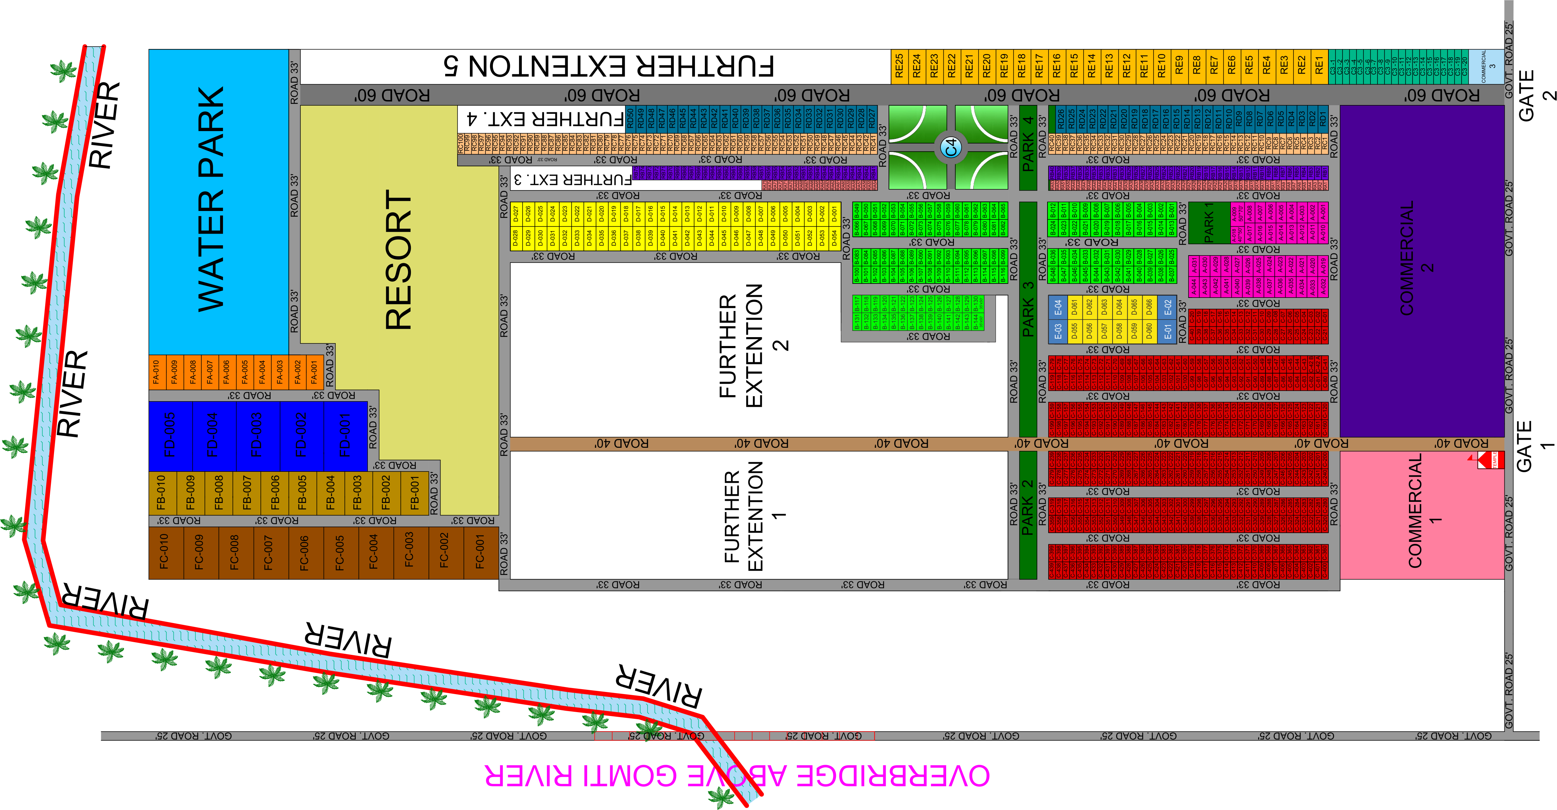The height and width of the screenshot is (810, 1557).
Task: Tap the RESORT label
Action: [x=399, y=260]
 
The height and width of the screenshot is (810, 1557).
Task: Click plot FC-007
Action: [x=269, y=552]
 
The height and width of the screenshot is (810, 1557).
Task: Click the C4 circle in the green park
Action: [x=951, y=147]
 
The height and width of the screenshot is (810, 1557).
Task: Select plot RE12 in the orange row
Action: [x=1126, y=66]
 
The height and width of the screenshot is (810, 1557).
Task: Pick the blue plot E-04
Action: [x=1058, y=308]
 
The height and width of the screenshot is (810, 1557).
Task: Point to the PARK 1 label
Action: [x=1209, y=222]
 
